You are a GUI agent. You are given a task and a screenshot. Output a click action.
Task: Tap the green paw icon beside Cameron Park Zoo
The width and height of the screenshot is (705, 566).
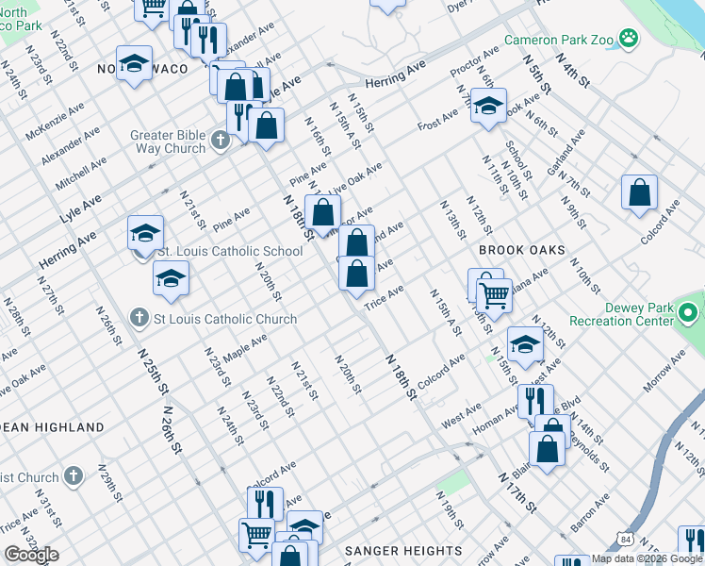click(629, 40)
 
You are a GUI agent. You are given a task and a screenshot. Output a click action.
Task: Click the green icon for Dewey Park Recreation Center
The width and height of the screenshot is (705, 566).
click(689, 310)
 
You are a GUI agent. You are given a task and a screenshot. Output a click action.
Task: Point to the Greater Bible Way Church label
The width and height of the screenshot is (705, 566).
click(171, 141)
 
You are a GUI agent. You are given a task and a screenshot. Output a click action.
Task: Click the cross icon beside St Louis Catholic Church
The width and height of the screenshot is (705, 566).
click(139, 318)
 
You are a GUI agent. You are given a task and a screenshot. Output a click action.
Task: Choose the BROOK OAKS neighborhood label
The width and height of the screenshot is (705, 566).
click(521, 250)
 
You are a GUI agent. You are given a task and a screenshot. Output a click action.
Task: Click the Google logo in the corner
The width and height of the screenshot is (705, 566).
click(31, 555)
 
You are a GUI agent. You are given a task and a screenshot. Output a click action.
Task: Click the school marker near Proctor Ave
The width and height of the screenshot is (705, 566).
click(488, 107)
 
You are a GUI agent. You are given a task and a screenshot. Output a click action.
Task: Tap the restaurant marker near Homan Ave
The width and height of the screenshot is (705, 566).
click(534, 400)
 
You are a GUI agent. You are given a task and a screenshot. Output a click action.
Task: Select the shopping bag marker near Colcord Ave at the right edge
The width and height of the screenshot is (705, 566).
click(639, 192)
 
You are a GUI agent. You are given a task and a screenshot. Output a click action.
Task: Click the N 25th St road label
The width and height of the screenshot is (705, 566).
click(152, 370)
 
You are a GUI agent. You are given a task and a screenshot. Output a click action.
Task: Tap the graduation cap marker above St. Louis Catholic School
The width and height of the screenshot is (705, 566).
click(146, 233)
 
